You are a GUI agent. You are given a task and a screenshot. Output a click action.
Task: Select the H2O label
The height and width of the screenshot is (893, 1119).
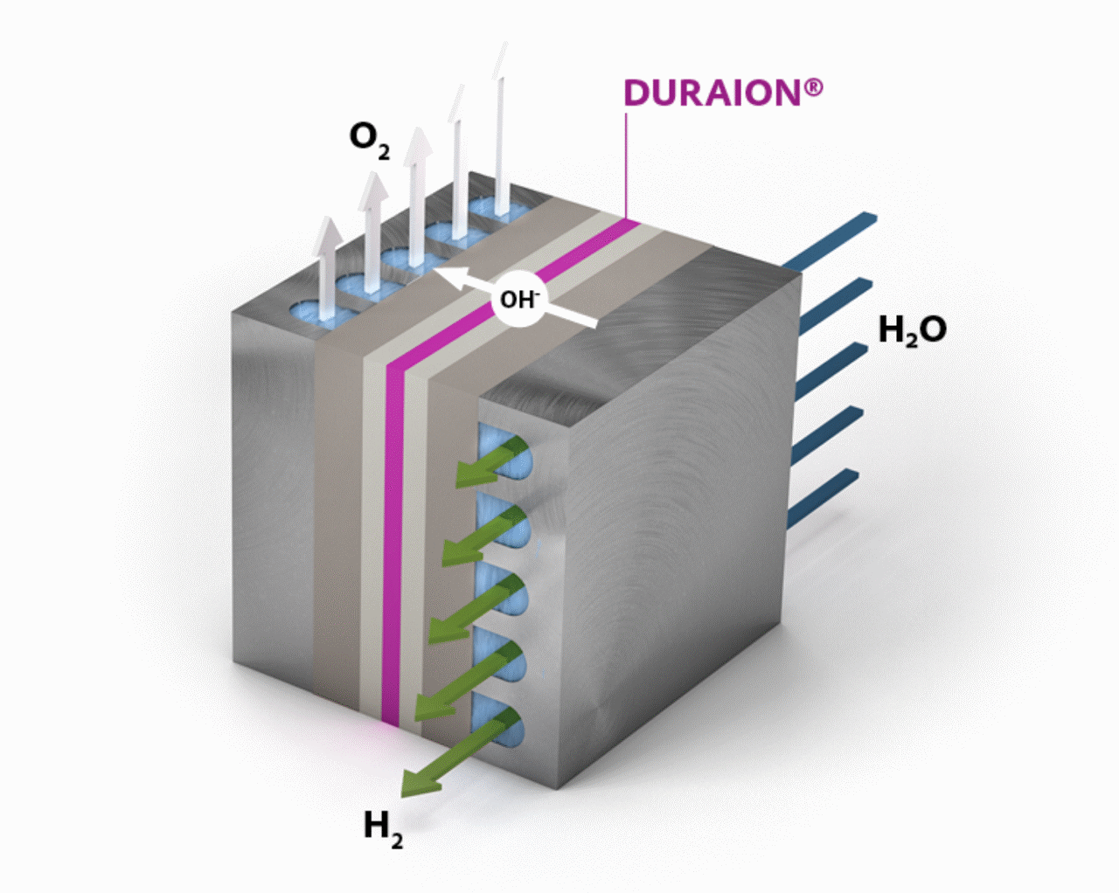[x=913, y=330]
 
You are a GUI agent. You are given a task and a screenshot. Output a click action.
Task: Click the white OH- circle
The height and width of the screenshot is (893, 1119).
[x=519, y=299]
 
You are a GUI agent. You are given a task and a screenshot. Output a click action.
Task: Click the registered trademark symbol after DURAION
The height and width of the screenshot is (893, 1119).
[x=814, y=87]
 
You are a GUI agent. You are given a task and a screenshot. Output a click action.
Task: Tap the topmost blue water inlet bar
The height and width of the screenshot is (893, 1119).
[x=830, y=240]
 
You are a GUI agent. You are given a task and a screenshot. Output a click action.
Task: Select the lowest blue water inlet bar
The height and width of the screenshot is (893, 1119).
[x=823, y=498]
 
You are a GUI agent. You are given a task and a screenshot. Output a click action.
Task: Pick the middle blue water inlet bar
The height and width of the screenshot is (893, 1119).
[x=831, y=370]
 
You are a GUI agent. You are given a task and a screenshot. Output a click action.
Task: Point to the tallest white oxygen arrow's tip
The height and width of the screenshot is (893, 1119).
[x=503, y=43]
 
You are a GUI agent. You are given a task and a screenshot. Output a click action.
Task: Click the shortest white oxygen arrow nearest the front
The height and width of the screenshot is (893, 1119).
[x=328, y=267]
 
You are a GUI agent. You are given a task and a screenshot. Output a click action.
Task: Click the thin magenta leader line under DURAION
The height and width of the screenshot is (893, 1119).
[x=626, y=165]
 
